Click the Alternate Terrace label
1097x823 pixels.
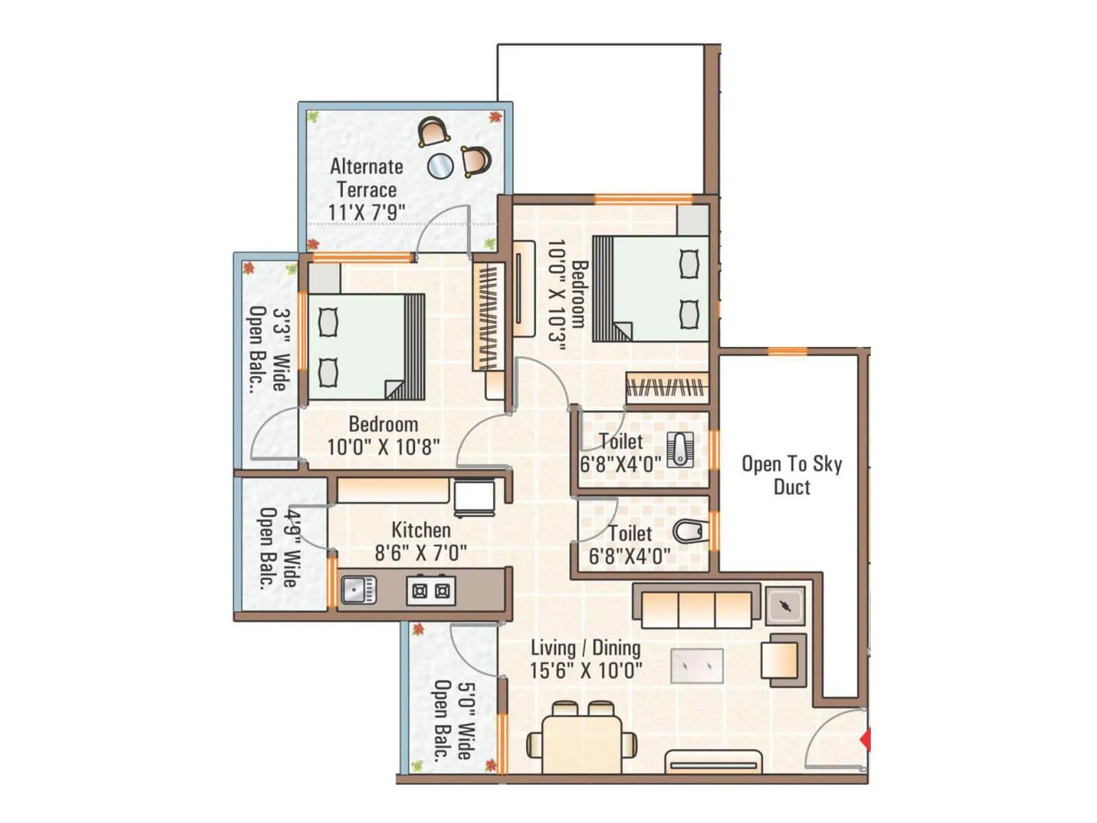pos(366,189)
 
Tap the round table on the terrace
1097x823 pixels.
pos(440,165)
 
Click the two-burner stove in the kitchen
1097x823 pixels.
pos(431,591)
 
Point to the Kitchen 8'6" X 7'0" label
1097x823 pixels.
pos(420,541)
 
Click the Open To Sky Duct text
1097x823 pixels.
pos(791,475)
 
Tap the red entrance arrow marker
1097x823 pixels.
pos(866,740)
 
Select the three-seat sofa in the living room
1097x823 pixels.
pos(696,607)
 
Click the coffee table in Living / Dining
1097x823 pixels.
pos(697,666)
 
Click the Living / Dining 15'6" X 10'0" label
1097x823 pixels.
pos(586,659)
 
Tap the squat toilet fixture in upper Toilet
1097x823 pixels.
pos(680,449)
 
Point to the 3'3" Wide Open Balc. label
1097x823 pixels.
pos(269,349)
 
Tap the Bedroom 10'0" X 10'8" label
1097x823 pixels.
pos(383,436)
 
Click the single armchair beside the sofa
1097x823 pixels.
pos(782,659)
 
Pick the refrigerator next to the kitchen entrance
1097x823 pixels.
pos(474,498)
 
